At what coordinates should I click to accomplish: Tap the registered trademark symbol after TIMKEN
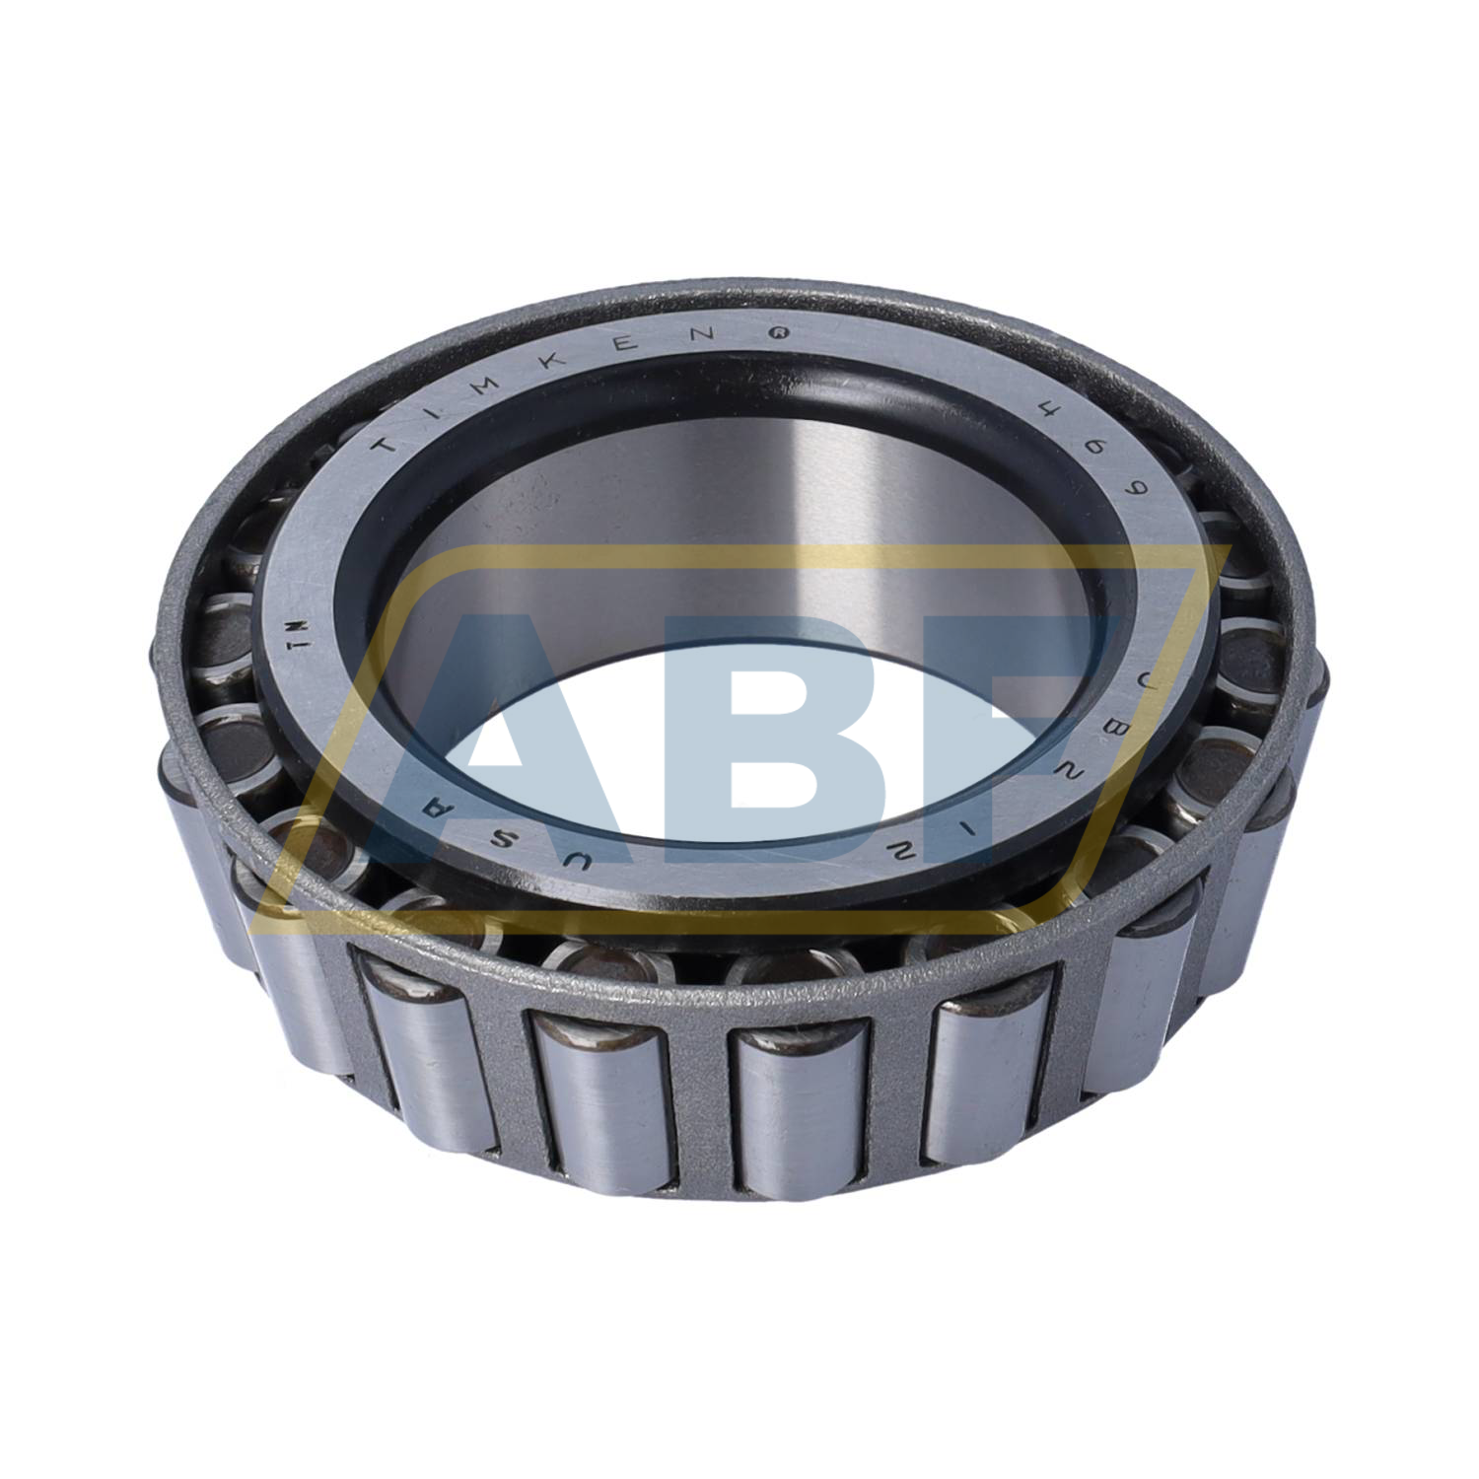pos(780,334)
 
